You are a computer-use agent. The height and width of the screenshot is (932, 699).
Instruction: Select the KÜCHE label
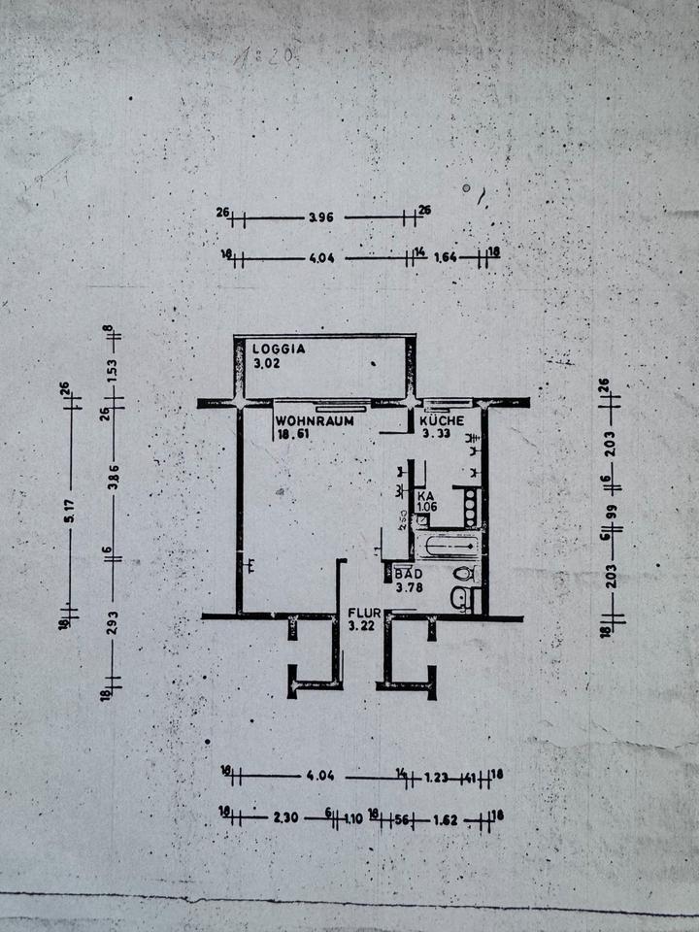click(x=444, y=421)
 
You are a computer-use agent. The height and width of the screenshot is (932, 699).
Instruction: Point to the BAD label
click(x=406, y=574)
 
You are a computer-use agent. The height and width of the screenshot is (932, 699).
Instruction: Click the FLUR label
click(x=363, y=615)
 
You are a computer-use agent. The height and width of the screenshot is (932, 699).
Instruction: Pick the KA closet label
click(x=424, y=495)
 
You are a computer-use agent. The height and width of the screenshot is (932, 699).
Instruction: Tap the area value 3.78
click(x=408, y=585)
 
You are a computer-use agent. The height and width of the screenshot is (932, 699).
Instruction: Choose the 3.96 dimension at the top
click(x=320, y=217)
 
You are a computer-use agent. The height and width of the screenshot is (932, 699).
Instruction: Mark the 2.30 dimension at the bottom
click(x=285, y=817)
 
